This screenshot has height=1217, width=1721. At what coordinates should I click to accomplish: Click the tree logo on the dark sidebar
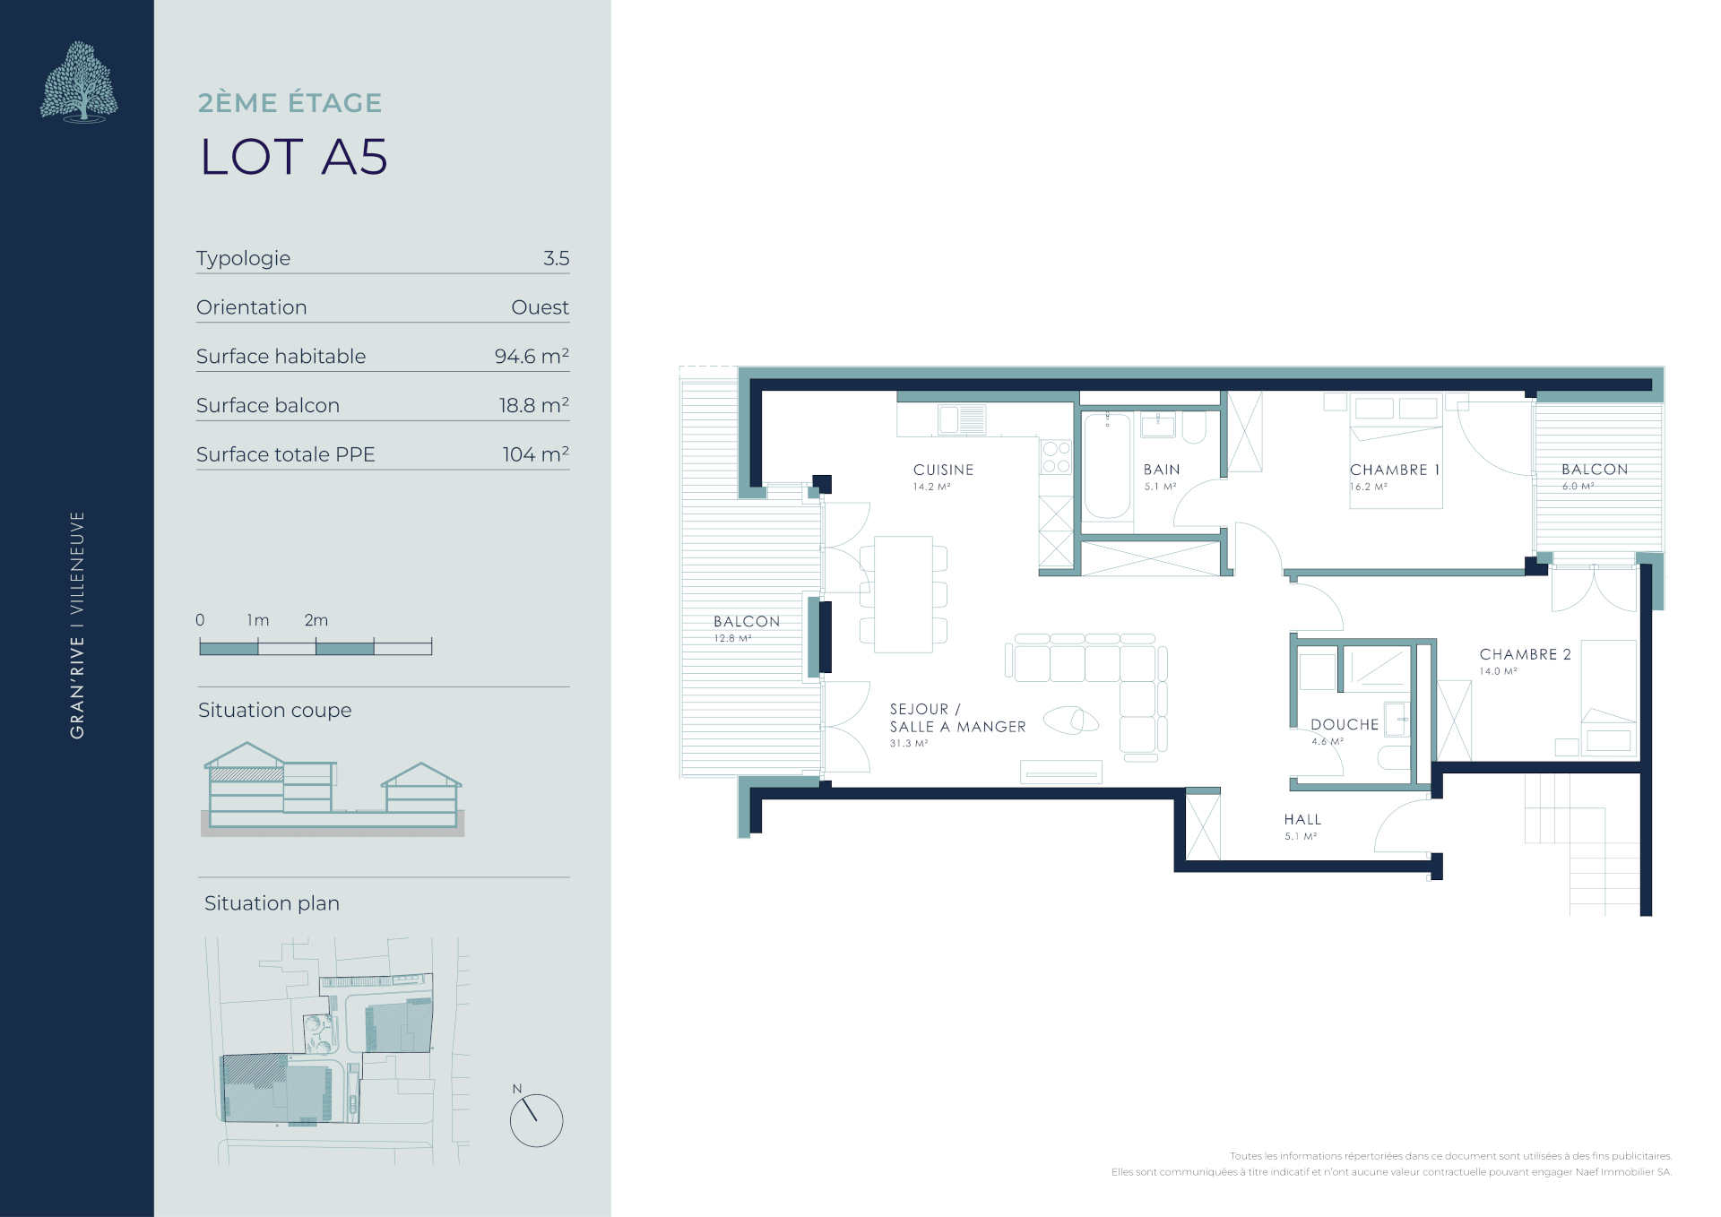[79, 82]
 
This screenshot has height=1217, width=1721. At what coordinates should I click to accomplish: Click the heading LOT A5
[293, 157]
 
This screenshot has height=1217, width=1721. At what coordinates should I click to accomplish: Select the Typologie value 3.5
[556, 258]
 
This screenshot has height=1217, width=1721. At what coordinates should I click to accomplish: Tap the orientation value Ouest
[540, 307]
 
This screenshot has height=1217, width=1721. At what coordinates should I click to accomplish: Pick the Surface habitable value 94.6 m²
[532, 356]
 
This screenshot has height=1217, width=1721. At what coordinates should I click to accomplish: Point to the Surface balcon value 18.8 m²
[533, 405]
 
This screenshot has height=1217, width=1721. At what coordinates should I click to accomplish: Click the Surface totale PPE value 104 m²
[535, 454]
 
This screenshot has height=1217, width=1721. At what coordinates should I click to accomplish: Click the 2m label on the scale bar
[316, 620]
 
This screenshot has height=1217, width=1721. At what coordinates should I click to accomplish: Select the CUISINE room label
[943, 470]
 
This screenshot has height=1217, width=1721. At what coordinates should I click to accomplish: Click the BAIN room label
[1162, 470]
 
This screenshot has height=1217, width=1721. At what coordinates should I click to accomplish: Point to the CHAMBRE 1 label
[1395, 470]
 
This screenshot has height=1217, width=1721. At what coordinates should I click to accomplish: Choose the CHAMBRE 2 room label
[1525, 654]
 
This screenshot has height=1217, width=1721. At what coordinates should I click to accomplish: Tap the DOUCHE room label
[1345, 724]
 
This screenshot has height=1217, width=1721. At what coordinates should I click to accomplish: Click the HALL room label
[1302, 819]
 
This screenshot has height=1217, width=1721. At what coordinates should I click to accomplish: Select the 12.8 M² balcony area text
[732, 638]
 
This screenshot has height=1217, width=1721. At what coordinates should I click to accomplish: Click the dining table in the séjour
[904, 594]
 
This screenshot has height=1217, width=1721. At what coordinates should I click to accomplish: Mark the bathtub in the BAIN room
[1107, 465]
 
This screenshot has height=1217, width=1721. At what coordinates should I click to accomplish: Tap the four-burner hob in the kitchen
[1056, 457]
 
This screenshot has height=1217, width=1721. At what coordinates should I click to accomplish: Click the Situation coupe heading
[274, 711]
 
